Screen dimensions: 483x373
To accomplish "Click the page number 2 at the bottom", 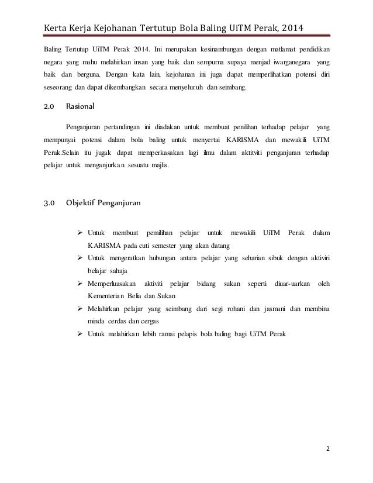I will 328,450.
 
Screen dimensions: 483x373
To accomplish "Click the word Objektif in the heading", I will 82,203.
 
